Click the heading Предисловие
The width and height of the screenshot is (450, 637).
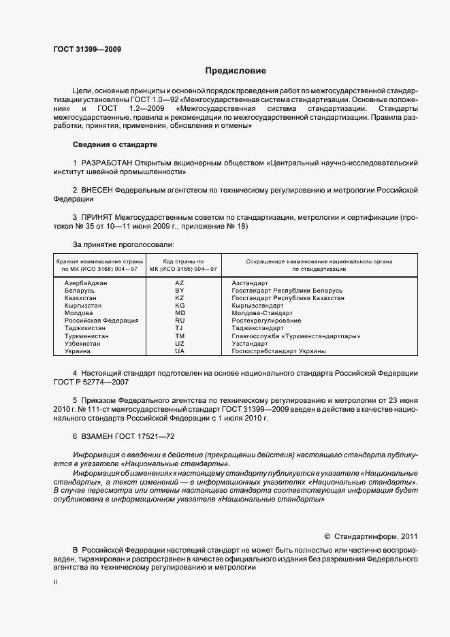pos(236,71)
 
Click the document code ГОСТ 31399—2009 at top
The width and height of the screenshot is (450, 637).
pos(87,50)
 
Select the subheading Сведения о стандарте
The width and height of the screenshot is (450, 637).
pos(114,144)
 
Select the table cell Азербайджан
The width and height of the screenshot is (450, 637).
pos(86,282)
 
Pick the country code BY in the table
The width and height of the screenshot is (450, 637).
pos(180,291)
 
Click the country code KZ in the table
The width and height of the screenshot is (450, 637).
pos(180,298)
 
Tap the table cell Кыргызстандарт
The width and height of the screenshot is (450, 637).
pos(257,306)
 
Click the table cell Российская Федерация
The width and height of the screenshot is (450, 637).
pos(101,321)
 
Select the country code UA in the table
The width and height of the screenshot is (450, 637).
pos(180,351)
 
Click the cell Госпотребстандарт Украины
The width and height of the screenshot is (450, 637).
pos(278,351)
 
